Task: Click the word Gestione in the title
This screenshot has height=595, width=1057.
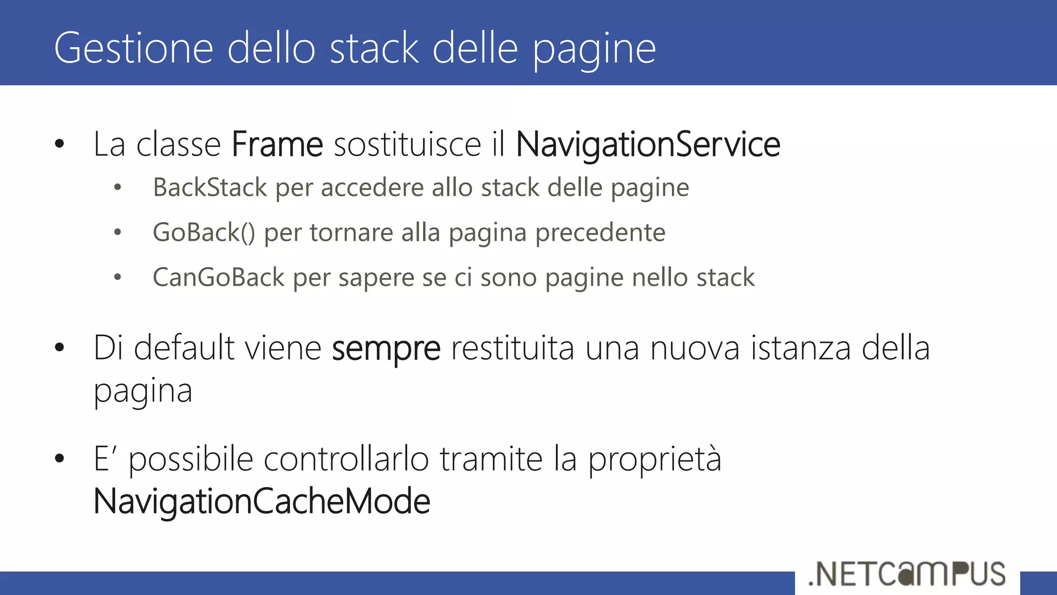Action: (134, 48)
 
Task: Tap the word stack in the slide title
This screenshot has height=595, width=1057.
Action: (374, 48)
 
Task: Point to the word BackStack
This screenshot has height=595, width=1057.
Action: (210, 187)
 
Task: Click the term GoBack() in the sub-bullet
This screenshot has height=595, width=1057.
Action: (204, 232)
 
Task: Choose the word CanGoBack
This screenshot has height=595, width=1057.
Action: (218, 277)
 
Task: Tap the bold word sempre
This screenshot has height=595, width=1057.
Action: (386, 349)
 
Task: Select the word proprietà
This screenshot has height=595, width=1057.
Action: (654, 459)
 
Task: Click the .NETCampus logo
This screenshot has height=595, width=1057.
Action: (907, 574)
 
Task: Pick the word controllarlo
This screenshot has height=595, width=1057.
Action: (346, 459)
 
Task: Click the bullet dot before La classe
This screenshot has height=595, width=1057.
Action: (59, 144)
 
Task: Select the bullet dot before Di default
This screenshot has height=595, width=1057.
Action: (59, 348)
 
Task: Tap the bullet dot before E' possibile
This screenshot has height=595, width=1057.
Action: (59, 458)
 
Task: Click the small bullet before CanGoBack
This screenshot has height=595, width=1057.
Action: (118, 277)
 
